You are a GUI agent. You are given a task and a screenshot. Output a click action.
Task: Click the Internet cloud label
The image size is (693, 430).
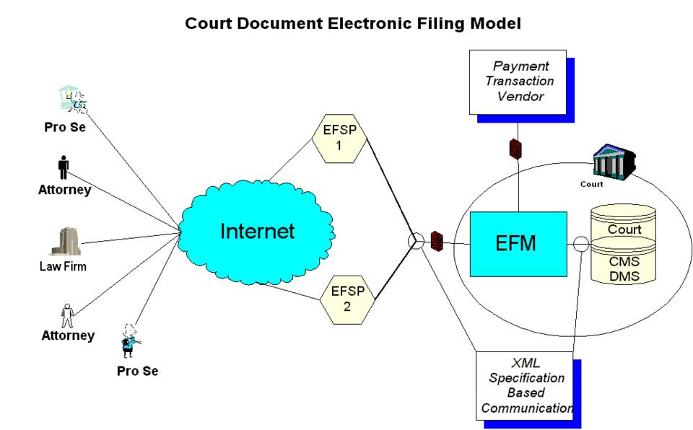click(x=257, y=231)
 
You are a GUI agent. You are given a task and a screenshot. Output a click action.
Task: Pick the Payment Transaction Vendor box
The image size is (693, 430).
click(x=517, y=82)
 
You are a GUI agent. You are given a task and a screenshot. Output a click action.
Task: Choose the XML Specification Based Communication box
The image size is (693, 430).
click(x=524, y=386)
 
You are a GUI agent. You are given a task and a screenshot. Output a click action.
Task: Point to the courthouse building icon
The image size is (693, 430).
click(x=613, y=161)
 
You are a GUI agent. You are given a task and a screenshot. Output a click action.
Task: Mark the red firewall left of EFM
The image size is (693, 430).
click(x=436, y=241)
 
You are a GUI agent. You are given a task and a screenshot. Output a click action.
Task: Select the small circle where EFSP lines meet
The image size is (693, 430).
click(x=416, y=242)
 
